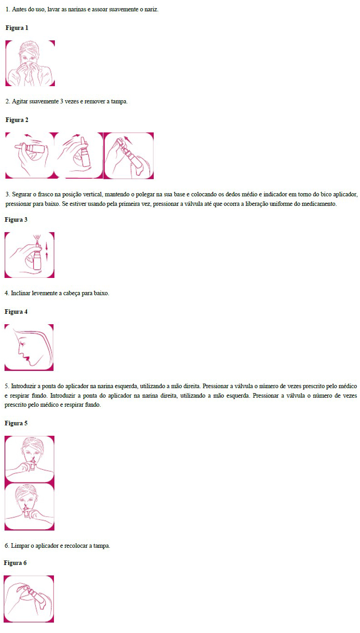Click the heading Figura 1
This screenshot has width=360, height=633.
17,28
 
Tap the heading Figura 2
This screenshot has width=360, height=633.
17,120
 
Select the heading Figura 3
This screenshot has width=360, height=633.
16,219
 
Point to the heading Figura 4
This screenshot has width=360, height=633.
16,312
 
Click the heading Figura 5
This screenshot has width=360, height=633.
16,423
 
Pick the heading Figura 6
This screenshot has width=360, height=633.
15,563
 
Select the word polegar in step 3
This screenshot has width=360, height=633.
146,195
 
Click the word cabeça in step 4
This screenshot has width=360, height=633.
72,293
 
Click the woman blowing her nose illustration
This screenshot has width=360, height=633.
30,63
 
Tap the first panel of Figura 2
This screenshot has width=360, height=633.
30,156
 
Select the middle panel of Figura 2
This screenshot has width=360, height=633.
79,156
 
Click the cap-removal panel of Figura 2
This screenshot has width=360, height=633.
129,156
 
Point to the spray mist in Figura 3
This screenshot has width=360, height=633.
37,238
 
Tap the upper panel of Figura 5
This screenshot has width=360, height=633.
29,459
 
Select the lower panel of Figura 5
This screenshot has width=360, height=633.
29,506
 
